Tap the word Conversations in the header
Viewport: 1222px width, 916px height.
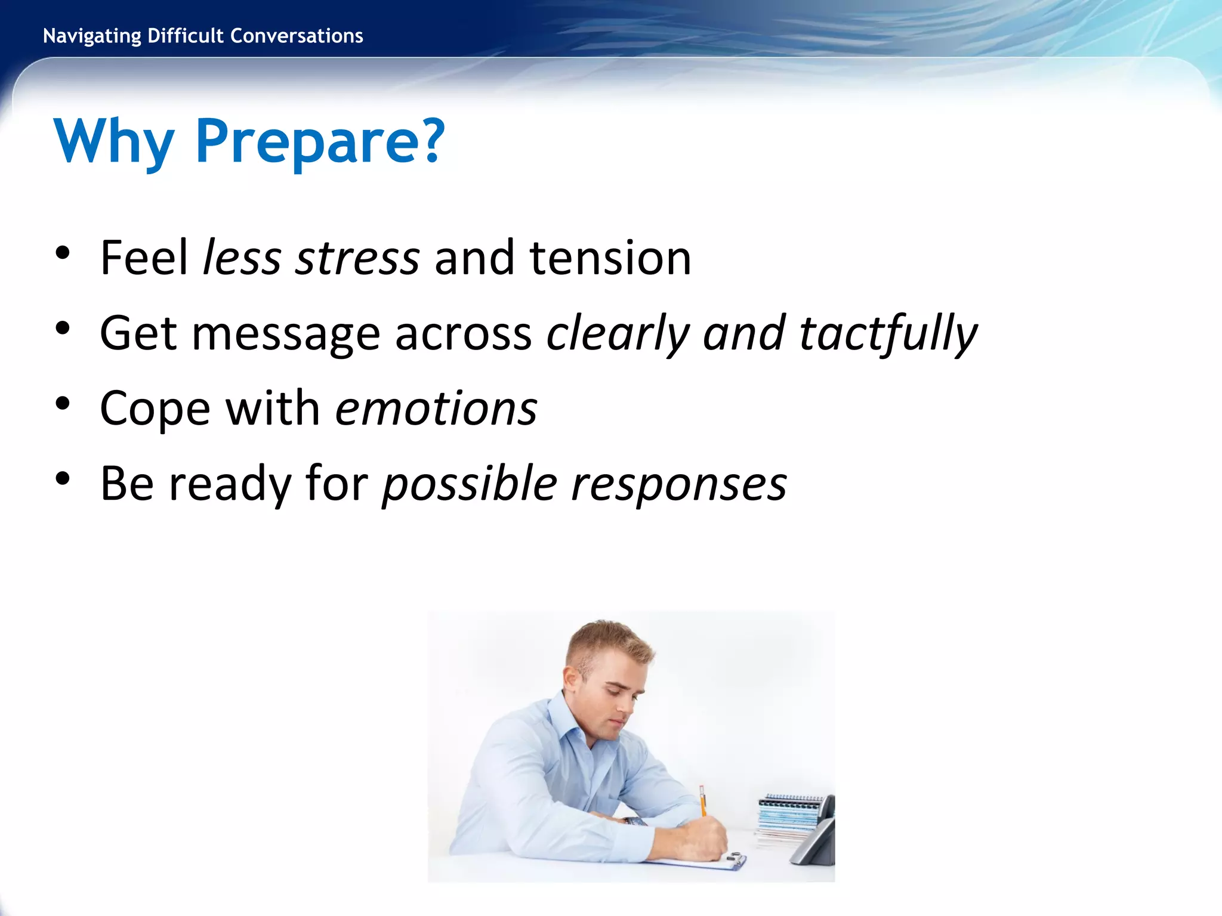point(297,36)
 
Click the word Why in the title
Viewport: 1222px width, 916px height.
point(113,141)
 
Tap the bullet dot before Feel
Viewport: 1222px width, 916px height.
point(63,253)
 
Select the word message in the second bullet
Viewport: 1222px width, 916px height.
point(285,334)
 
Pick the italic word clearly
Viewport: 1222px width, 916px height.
point(618,334)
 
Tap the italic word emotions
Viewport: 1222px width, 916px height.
point(436,409)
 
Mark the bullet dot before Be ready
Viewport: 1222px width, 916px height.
point(63,479)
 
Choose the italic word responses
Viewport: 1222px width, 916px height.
point(679,484)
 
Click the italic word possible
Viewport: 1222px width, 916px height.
point(470,484)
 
